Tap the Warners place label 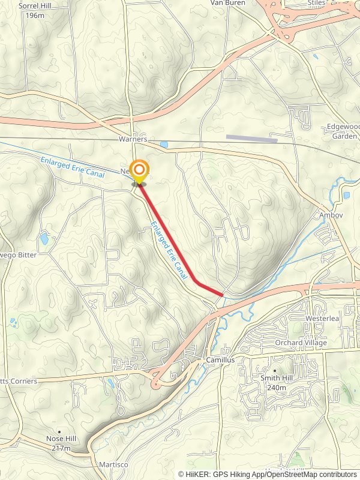[133, 139]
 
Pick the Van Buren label [225, 3]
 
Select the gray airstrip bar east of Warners [251, 139]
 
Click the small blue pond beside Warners [164, 145]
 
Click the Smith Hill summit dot [275, 370]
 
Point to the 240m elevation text [277, 388]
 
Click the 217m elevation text [61, 448]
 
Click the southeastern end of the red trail [222, 294]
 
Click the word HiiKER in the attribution [198, 474]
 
